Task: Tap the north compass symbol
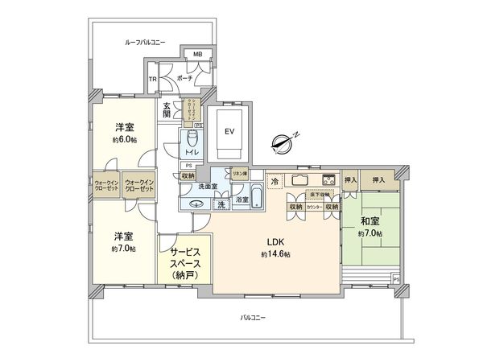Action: tap(283, 142)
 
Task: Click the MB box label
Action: tap(198, 56)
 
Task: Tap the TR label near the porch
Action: tap(152, 79)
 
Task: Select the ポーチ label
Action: tap(185, 80)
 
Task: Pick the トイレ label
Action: tap(192, 151)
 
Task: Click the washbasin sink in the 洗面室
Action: tap(196, 204)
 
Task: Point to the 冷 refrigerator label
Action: tap(274, 181)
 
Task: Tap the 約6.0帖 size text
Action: tap(124, 139)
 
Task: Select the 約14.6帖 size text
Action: tap(275, 254)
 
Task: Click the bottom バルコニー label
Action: tap(252, 317)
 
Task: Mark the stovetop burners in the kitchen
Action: tap(328, 179)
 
